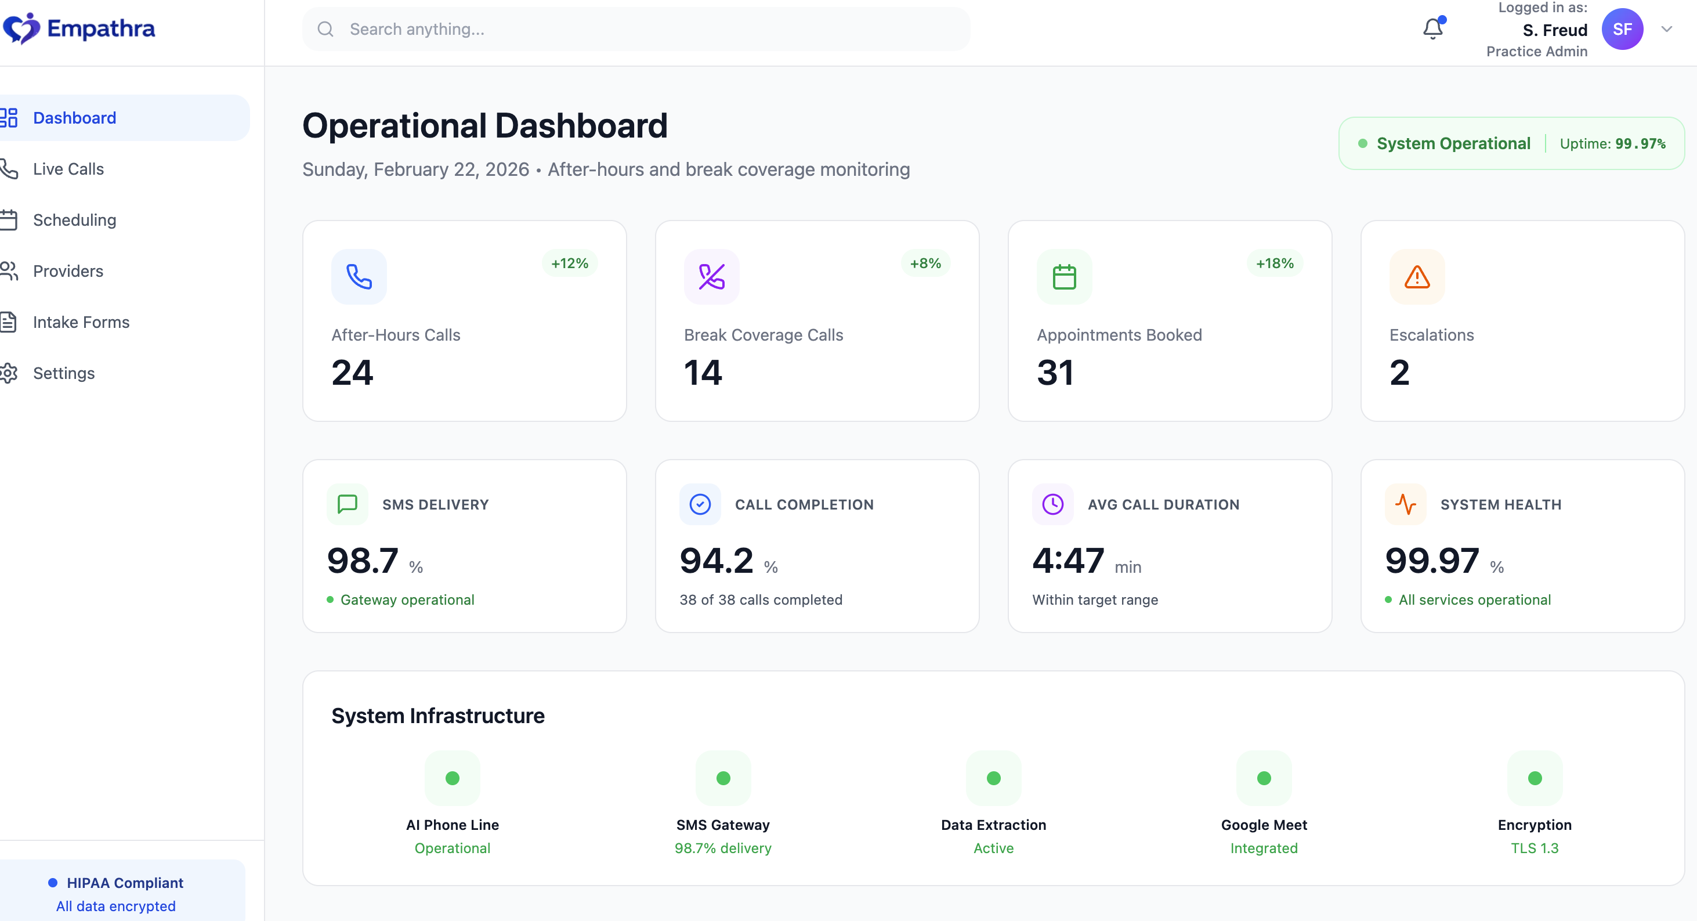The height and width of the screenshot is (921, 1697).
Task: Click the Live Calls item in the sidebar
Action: click(68, 169)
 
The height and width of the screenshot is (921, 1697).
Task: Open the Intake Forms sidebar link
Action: click(81, 322)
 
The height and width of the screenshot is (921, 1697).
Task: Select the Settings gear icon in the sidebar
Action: click(9, 373)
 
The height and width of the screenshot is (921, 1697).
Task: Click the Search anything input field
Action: click(636, 29)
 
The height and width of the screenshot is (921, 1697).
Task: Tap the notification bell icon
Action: click(1432, 29)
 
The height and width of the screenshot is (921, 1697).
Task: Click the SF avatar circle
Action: click(1622, 29)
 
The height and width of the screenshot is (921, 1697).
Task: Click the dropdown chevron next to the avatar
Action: click(1667, 29)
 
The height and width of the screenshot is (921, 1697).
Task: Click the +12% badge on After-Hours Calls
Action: click(569, 263)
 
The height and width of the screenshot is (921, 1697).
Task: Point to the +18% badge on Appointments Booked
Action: click(1274, 263)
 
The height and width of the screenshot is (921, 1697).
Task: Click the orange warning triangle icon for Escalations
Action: click(1416, 277)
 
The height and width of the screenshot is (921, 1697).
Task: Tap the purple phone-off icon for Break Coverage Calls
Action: click(711, 277)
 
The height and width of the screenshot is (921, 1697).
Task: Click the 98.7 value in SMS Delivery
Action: click(363, 561)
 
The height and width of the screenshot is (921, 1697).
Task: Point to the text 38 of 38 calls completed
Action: click(760, 599)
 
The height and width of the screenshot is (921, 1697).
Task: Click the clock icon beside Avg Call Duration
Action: click(1052, 505)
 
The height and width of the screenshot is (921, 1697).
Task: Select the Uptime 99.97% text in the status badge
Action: click(1612, 143)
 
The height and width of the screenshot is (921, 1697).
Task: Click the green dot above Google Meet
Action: click(1264, 778)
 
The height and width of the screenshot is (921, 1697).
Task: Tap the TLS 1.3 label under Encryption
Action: click(1535, 848)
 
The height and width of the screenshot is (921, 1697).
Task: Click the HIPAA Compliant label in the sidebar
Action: click(125, 883)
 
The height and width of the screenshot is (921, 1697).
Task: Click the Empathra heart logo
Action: click(21, 28)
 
